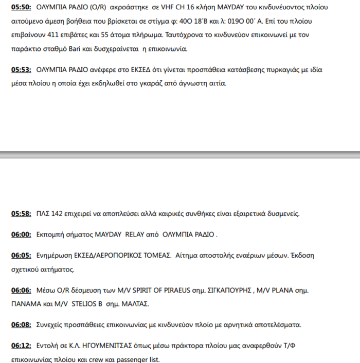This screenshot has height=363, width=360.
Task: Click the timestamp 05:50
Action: pyautogui.click(x=21, y=8)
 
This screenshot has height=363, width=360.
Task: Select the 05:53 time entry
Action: pyautogui.click(x=21, y=69)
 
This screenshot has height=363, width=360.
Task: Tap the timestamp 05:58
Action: pyautogui.click(x=21, y=213)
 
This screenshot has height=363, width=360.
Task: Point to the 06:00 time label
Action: pyautogui.click(x=21, y=234)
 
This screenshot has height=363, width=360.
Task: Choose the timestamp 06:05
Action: pyautogui.click(x=21, y=255)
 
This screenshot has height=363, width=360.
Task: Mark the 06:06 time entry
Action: pyautogui.click(x=21, y=290)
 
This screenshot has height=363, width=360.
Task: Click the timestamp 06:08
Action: pyautogui.click(x=21, y=325)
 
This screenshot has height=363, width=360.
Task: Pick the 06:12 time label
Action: pyautogui.click(x=21, y=346)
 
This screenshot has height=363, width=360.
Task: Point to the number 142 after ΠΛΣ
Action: pyautogui.click(x=58, y=213)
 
